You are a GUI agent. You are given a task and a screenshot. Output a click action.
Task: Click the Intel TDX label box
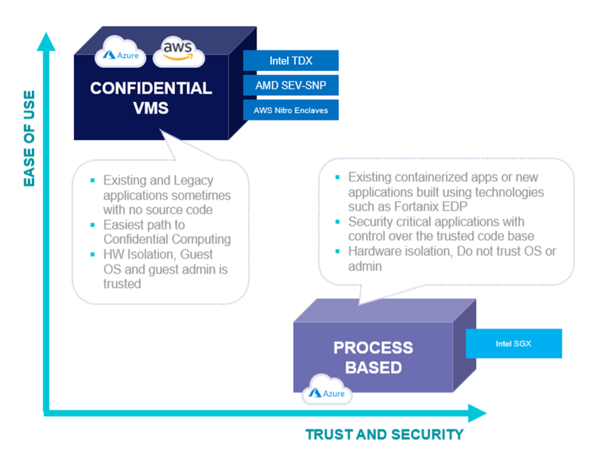click(291, 60)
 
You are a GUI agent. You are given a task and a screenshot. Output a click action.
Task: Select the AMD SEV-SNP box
click(291, 85)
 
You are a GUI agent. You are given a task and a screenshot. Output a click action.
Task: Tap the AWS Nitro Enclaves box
click(291, 110)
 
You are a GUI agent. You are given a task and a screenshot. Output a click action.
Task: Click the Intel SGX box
click(513, 344)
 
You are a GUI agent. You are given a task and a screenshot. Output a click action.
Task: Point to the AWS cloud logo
click(178, 52)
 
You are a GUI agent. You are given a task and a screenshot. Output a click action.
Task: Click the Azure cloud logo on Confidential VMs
click(121, 52)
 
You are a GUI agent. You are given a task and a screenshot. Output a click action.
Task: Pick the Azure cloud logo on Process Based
click(327, 390)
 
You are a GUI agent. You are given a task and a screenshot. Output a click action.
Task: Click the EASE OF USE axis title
click(30, 139)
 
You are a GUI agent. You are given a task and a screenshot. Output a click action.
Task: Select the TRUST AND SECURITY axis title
click(384, 434)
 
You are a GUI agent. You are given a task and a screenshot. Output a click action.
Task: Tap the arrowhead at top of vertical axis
click(46, 42)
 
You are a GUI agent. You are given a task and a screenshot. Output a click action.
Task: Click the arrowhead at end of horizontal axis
click(477, 413)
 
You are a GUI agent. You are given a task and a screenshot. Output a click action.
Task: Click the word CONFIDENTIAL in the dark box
click(151, 88)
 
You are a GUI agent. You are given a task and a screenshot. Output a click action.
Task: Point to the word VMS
click(151, 108)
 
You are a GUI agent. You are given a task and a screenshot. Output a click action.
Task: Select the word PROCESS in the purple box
click(373, 347)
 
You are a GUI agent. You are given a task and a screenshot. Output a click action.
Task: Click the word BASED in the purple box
click(373, 367)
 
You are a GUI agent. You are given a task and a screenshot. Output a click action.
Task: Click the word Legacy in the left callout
click(193, 181)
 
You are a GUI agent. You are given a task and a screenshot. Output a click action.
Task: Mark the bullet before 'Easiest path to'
click(92, 225)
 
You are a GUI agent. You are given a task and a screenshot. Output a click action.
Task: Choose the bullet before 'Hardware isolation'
click(337, 251)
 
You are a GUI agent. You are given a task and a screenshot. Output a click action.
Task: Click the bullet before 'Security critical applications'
click(337, 222)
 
